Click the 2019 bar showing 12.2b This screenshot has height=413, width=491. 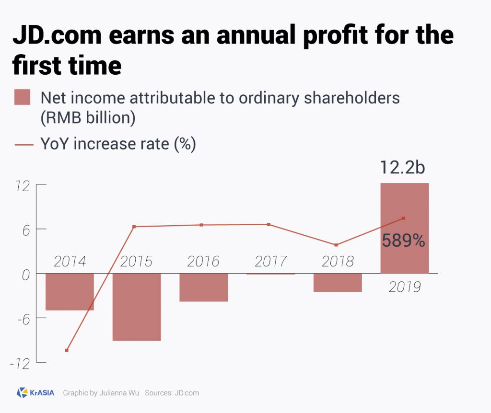pos(404,201)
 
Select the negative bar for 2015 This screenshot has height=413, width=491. pos(137,307)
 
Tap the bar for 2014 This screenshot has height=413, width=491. pos(70,292)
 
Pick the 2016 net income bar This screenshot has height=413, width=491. pos(203,287)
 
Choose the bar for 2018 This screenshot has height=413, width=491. pos(338,283)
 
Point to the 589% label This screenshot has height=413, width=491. pos(403,241)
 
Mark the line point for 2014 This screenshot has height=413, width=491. pos(67,350)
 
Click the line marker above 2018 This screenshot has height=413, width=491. pos(336,245)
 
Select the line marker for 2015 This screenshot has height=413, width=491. pos(134,227)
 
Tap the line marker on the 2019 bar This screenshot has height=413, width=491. pos(404,218)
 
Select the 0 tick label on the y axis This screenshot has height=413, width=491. pos(26,274)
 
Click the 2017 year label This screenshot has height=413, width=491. pos(270,262)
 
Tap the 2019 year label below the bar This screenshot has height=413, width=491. pos(404,287)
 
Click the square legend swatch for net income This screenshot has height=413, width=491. pos(22,97)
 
